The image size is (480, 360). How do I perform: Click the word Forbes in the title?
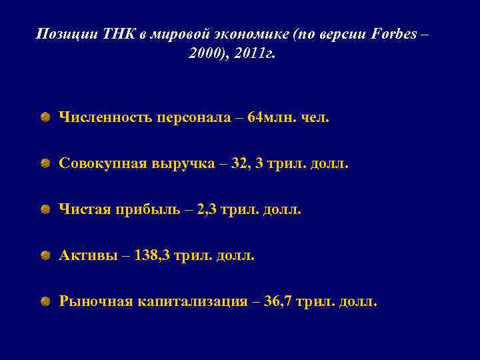pyautogui.click(x=387, y=33)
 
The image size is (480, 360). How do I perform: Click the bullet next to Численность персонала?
pyautogui.click(x=43, y=118)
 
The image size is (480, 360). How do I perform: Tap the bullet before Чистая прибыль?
pyautogui.click(x=43, y=210)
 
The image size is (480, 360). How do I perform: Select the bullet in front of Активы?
pyautogui.click(x=43, y=256)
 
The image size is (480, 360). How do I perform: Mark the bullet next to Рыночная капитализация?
pyautogui.click(x=43, y=302)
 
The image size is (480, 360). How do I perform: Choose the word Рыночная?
pyautogui.click(x=95, y=302)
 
